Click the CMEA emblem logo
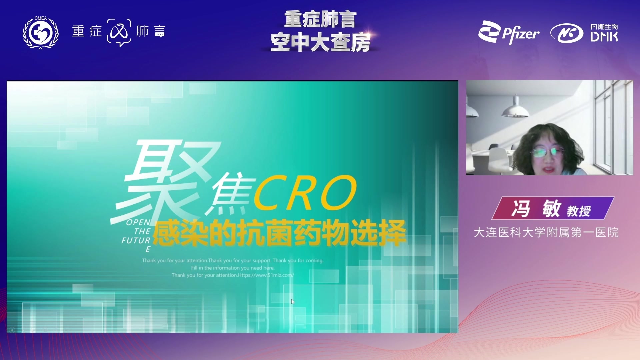41,32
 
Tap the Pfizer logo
509,32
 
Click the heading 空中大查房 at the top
320,42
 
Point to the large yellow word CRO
305,192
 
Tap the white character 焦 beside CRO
230,193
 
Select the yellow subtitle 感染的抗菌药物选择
279,232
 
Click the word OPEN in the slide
138,222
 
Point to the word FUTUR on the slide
136,240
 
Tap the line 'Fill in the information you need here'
233,268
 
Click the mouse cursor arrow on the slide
293,301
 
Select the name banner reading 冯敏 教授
553,208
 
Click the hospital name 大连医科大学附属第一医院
546,232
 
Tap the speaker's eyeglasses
547,152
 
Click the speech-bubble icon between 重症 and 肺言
119,32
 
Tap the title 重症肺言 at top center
320,19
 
